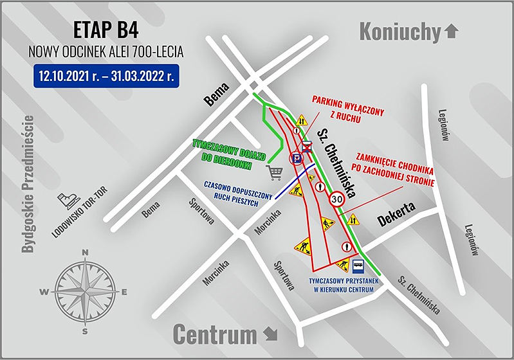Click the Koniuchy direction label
(x=399, y=30)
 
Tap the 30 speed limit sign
(x=338, y=200)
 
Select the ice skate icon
(x=66, y=202)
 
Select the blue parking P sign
(x=297, y=158)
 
